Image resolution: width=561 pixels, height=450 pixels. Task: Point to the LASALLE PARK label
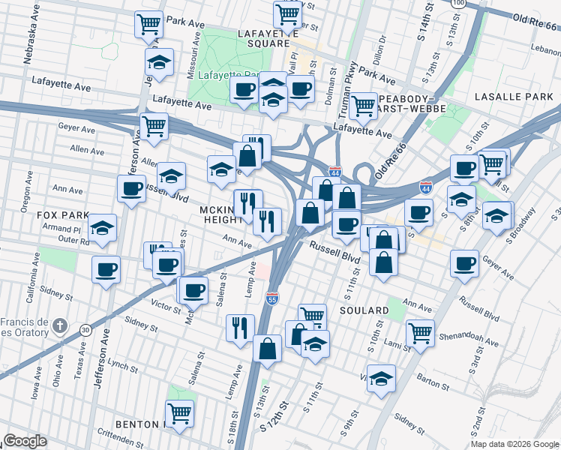click(514, 97)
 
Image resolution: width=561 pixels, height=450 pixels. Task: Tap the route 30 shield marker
click(86, 329)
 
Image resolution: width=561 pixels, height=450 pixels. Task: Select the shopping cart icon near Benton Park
click(180, 412)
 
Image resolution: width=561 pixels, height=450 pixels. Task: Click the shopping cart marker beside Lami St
click(420, 332)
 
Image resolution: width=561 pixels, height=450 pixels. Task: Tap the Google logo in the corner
click(25, 441)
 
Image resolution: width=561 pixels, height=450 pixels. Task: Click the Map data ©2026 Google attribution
click(514, 444)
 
